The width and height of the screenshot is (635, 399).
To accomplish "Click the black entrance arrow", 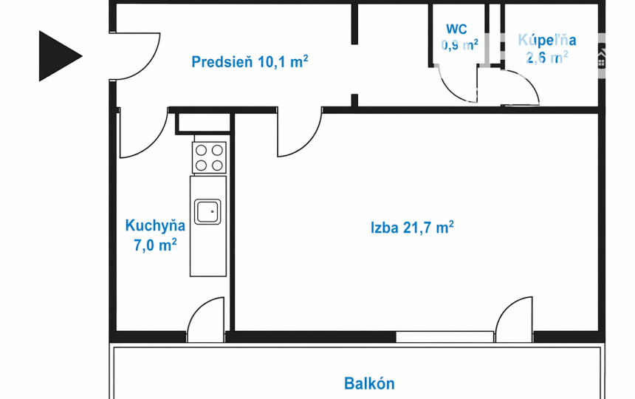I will click(58, 56).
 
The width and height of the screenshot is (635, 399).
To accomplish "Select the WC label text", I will click(456, 30).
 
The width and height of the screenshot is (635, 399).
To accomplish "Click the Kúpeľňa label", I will click(547, 41).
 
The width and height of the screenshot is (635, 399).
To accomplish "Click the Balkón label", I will click(369, 383).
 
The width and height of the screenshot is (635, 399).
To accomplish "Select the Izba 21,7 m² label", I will click(412, 228).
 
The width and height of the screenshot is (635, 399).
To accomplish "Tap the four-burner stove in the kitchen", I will click(208, 157).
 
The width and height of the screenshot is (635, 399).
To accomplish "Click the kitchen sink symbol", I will click(208, 211).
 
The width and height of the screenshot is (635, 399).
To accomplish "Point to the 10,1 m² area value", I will click(283, 62).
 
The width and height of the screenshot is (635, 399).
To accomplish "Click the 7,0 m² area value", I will click(155, 245).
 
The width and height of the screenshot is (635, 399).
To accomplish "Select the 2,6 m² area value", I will click(547, 57).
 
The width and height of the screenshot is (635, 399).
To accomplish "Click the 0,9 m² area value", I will click(459, 44).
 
